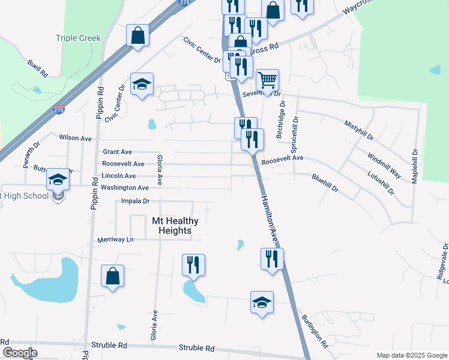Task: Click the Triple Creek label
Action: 78,38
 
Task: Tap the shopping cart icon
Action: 267,79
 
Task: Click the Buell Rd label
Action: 37,68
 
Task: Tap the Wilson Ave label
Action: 75,138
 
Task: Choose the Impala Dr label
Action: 134,201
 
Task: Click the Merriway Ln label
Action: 116,240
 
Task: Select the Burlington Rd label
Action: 315,331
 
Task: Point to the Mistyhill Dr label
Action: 358,130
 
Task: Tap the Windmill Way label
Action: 384,162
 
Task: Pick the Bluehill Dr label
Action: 325,183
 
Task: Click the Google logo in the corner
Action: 20,352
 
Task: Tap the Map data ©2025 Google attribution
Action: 411,355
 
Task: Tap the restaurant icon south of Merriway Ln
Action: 193,265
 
